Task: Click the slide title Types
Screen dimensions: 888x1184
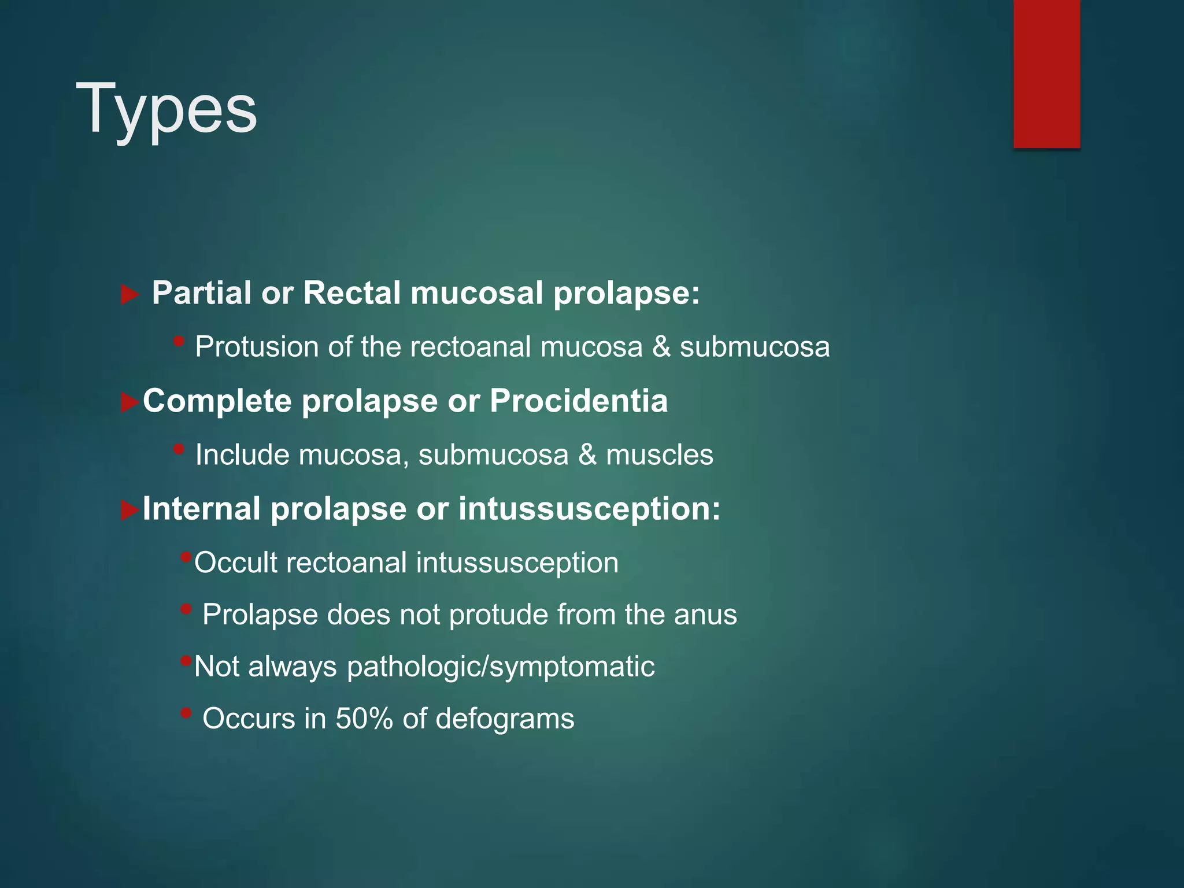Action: pyautogui.click(x=166, y=109)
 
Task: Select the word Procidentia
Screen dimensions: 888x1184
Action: pyautogui.click(x=579, y=401)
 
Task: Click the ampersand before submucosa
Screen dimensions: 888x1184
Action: pyautogui.click(x=661, y=347)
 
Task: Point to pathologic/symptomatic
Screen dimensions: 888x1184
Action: pyautogui.click(x=501, y=667)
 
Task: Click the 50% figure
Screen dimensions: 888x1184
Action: pyautogui.click(x=364, y=719)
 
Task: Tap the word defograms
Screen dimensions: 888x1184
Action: pyautogui.click(x=505, y=719)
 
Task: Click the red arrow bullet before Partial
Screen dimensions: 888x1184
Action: pyautogui.click(x=129, y=295)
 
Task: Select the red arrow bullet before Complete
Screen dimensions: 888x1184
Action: pyautogui.click(x=129, y=402)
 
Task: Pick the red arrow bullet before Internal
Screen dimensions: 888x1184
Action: pyautogui.click(x=129, y=510)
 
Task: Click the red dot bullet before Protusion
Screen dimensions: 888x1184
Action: pyautogui.click(x=179, y=341)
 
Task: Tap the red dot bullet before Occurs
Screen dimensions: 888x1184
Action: pyautogui.click(x=186, y=713)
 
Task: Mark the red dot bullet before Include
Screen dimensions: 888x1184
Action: pyautogui.click(x=179, y=449)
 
